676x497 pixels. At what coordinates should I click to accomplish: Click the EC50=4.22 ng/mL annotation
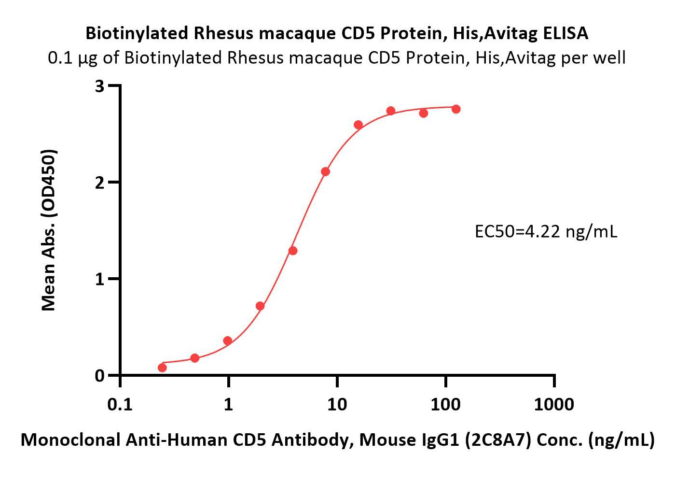click(x=546, y=232)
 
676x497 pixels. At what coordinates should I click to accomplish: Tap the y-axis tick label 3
click(x=100, y=86)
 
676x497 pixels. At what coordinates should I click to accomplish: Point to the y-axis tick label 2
click(x=100, y=183)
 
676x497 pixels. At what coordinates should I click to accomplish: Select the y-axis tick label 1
click(x=100, y=279)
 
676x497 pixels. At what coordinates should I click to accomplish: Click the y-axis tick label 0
click(x=100, y=376)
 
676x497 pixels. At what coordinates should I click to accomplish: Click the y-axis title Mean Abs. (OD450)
click(x=49, y=230)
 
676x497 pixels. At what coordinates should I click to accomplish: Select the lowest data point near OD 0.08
click(x=162, y=368)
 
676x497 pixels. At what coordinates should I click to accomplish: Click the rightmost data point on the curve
click(x=456, y=109)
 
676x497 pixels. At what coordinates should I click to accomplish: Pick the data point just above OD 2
click(x=325, y=171)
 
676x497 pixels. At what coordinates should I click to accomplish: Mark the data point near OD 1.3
click(x=293, y=251)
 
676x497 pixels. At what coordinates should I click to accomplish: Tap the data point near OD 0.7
click(x=260, y=306)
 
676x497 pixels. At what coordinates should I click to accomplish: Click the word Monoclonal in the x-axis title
click(x=71, y=440)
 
